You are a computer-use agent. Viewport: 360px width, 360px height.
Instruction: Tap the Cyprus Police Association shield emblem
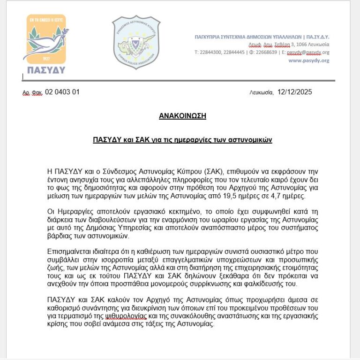pos(136,42)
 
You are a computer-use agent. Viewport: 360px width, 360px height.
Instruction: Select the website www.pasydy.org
pos(308,61)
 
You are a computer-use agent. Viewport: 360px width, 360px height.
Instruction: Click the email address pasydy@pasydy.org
pos(307,53)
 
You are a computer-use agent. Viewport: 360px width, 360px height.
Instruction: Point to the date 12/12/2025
pos(294,92)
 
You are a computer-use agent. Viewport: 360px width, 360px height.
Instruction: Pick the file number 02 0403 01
pos(62,92)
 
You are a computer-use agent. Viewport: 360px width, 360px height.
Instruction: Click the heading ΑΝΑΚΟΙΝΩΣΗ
pos(183,115)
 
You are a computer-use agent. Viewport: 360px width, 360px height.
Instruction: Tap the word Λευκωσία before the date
pos(262,92)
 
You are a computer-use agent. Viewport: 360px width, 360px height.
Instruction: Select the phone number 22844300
pos(210,53)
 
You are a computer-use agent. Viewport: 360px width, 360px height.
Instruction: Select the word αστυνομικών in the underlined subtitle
pos(253,140)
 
